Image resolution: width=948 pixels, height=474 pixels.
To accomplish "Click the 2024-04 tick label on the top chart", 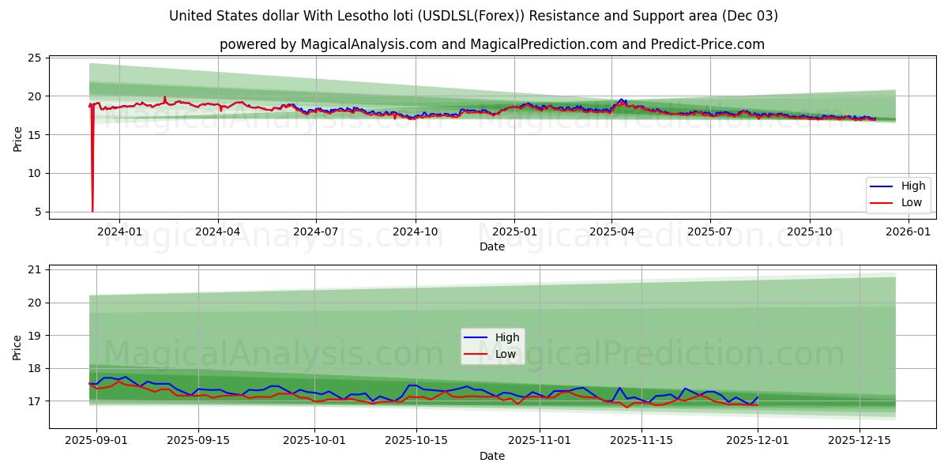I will pos(217,231).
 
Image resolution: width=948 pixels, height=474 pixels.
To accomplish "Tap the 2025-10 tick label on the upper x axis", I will pos(809,231).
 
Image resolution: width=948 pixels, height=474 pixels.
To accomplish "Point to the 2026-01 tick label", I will pos(908,231).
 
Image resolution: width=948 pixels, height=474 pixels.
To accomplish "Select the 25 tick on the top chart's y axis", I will pos(34,58).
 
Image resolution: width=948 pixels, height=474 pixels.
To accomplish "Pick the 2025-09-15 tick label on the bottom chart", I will pos(197,441).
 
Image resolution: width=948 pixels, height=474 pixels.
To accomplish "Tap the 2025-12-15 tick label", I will pos(858,441).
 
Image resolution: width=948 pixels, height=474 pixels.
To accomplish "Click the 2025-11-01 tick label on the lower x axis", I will pos(539,441).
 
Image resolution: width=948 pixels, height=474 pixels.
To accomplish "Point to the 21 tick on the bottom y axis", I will pos(34,269).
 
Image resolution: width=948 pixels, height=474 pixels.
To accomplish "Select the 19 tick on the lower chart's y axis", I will pos(34,336).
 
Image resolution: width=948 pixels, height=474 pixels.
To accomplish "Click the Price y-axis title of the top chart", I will pos(17,138).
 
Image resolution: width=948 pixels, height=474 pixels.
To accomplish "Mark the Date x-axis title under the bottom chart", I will pos(491,456).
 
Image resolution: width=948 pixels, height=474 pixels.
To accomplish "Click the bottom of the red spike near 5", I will pos(92,210).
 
